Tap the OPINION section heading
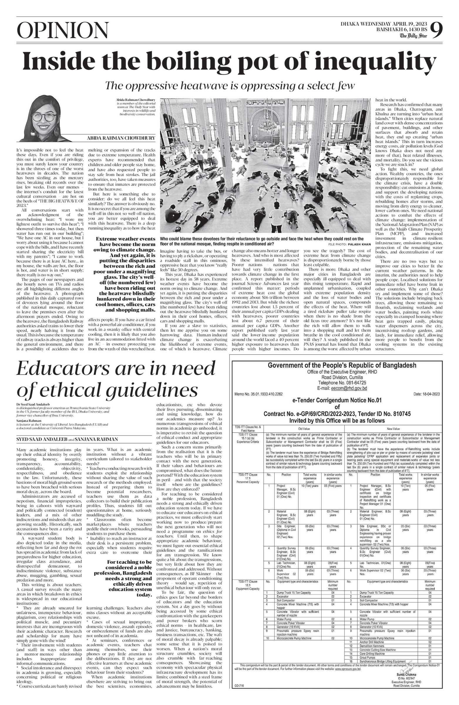(63, 31)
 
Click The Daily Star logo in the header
(413, 36)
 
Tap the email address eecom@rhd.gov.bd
(342, 388)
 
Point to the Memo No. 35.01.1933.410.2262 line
(258, 394)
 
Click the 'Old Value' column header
(304, 429)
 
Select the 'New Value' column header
(393, 429)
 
